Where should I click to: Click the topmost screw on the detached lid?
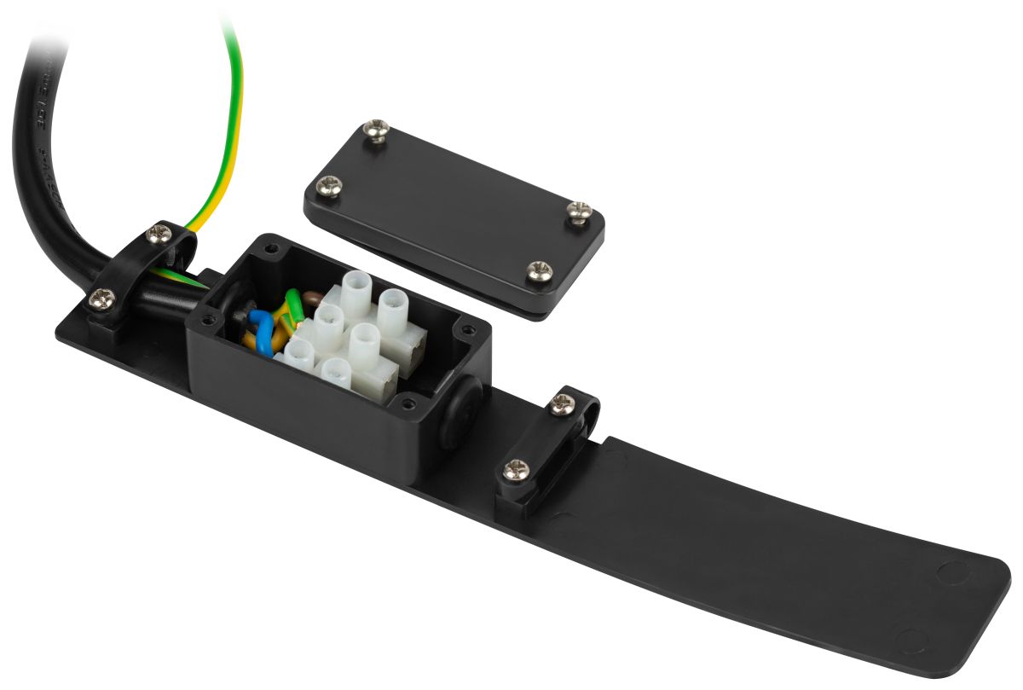(377, 130)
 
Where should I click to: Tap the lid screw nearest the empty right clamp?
(539, 271)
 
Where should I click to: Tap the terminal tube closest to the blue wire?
(298, 351)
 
